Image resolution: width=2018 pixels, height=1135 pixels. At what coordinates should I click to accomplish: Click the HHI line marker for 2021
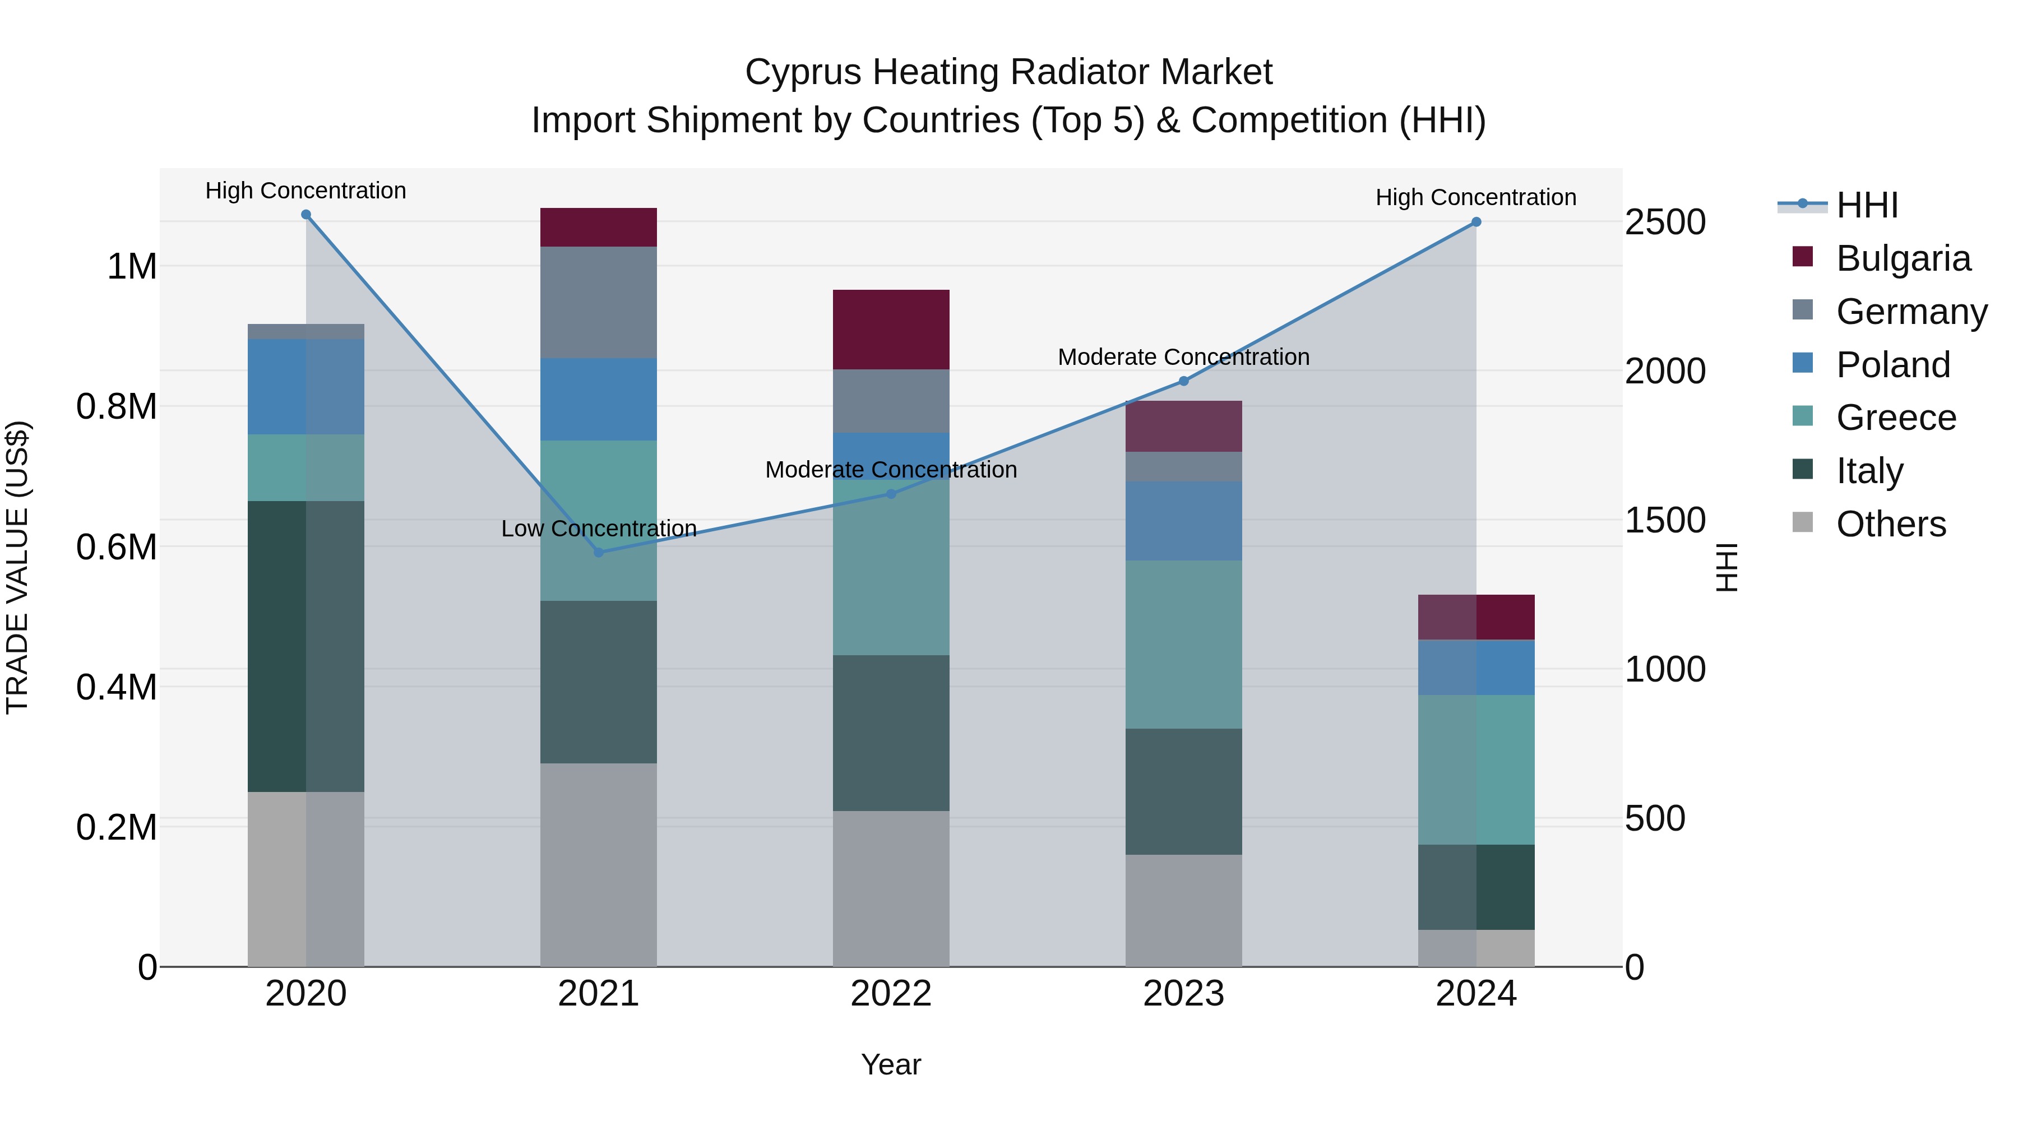[x=599, y=552]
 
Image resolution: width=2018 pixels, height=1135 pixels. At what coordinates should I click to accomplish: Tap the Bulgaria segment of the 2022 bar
[x=891, y=330]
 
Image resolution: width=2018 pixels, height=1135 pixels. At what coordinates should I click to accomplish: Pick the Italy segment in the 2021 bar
[x=599, y=682]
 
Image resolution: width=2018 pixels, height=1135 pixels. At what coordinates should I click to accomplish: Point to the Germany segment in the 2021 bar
[x=599, y=302]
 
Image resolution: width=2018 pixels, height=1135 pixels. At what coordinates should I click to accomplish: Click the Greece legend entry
[x=1895, y=418]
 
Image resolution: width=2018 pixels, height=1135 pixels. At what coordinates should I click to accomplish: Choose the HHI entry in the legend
[x=1866, y=205]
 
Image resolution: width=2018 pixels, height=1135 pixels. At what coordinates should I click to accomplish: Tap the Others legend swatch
[x=1803, y=522]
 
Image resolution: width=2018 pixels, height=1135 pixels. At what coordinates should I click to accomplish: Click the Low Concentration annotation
[x=599, y=529]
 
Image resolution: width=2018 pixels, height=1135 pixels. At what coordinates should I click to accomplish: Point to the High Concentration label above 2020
[x=306, y=191]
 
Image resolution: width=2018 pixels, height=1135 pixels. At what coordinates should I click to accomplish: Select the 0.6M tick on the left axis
[x=116, y=546]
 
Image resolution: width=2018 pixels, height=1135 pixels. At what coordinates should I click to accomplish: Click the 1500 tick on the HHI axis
[x=1665, y=520]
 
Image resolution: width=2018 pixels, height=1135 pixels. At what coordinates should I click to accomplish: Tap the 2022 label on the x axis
[x=891, y=994]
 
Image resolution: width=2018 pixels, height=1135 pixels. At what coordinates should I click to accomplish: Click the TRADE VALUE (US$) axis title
[x=17, y=567]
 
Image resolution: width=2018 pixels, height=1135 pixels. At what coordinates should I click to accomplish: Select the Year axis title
[x=891, y=1064]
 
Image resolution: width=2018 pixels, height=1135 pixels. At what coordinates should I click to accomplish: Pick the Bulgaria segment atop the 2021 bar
[x=599, y=227]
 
